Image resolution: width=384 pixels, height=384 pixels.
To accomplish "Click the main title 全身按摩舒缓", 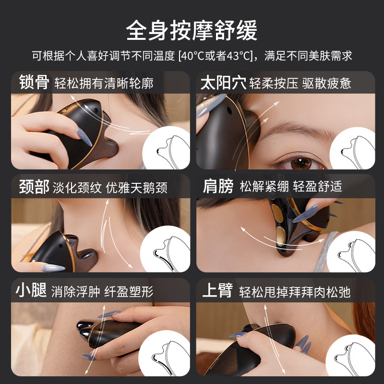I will coord(192,30).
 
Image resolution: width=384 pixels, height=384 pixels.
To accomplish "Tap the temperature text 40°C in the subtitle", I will coord(195,56).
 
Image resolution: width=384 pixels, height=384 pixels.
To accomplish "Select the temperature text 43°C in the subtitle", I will coord(236,56).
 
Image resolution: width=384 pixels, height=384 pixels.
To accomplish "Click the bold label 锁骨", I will coord(34,83).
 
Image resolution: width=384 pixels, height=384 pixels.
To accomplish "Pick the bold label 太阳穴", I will coord(223,83).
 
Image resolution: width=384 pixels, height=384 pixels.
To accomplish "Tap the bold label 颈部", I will coord(34,187).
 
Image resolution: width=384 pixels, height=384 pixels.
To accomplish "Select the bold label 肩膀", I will coord(216,187).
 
